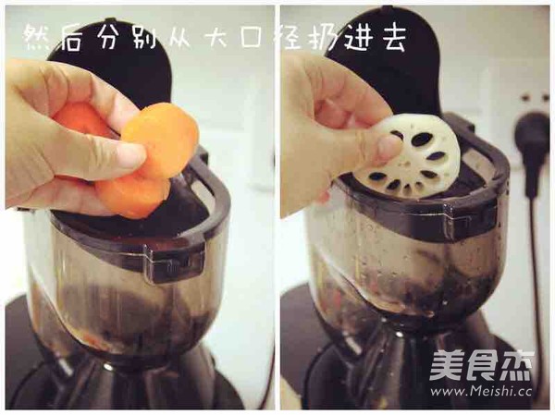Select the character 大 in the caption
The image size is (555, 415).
[x=219, y=37]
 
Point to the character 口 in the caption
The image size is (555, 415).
[x=263, y=37]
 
